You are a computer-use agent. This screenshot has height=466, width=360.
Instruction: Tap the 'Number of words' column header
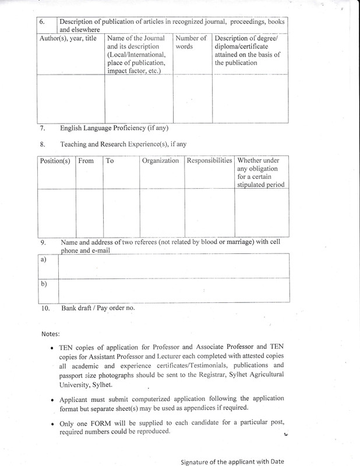(192, 43)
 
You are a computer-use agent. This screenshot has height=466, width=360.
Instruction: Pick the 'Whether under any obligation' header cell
(261, 173)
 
